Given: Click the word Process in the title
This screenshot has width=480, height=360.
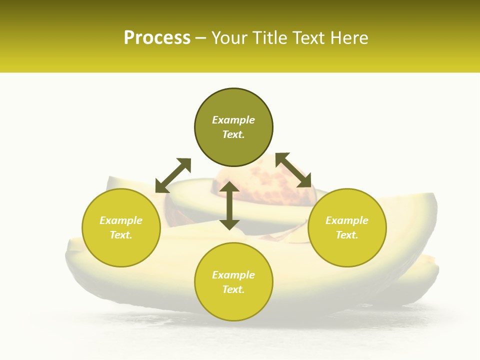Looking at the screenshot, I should tap(157, 38).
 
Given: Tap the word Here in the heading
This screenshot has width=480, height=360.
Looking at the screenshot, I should tap(349, 38).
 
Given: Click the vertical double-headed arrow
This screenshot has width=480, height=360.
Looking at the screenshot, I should tap(229, 205).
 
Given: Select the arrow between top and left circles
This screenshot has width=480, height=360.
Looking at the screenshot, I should tap(173, 175).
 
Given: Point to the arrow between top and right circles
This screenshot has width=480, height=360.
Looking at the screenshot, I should tap(293, 170).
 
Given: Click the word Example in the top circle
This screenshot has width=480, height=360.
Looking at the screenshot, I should tap(233, 120).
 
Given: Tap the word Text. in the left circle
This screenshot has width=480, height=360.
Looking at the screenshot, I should tap(121, 235).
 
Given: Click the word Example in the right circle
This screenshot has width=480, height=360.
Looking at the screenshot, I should tap(347, 220).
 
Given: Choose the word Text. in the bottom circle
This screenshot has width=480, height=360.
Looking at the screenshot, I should tap(233, 289).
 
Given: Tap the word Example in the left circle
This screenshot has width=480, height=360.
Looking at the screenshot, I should tap(121, 220).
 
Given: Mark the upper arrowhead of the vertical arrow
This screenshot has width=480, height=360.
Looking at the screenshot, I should tap(229, 187).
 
